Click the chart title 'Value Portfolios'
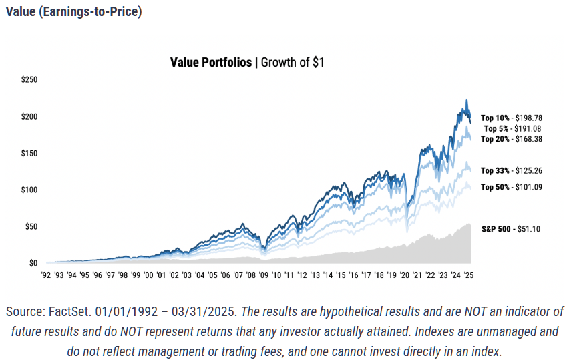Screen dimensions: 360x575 tap(211, 63)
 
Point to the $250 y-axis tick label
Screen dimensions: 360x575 tap(30, 80)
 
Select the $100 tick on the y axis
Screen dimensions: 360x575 tap(30, 190)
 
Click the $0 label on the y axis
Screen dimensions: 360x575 tap(33, 263)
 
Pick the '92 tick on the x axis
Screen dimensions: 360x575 tap(46, 275)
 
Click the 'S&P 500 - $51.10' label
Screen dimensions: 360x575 tap(511, 229)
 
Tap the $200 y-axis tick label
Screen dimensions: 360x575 tap(30, 117)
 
